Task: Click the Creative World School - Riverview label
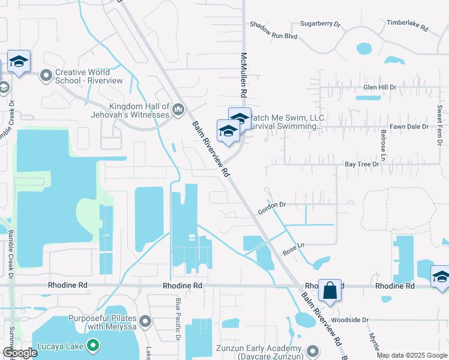[89, 76]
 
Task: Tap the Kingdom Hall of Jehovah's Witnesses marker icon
[178, 110]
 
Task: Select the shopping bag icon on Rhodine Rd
[330, 290]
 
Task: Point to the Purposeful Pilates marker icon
[145, 323]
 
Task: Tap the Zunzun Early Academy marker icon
[312, 351]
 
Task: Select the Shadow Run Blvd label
[274, 36]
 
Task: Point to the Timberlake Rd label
[407, 28]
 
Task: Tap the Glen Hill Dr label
[380, 87]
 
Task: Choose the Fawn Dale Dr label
[408, 127]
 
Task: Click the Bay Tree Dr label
[363, 164]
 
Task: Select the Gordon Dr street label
[271, 205]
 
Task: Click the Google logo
[20, 353]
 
